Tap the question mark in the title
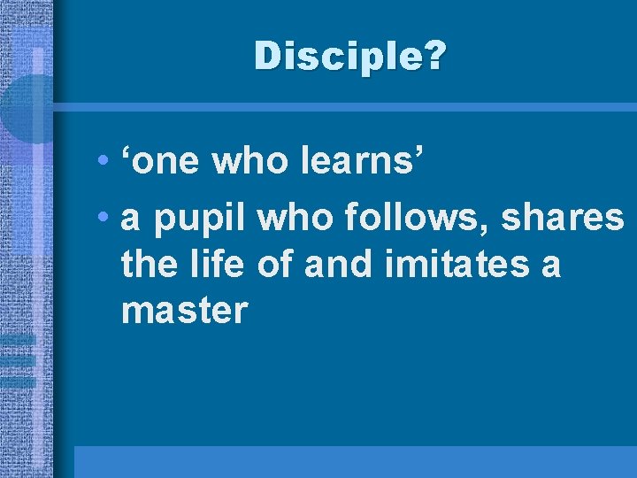coord(436,58)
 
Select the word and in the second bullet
coord(332,264)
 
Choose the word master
coord(184,311)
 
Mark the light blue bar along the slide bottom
coord(354,461)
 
